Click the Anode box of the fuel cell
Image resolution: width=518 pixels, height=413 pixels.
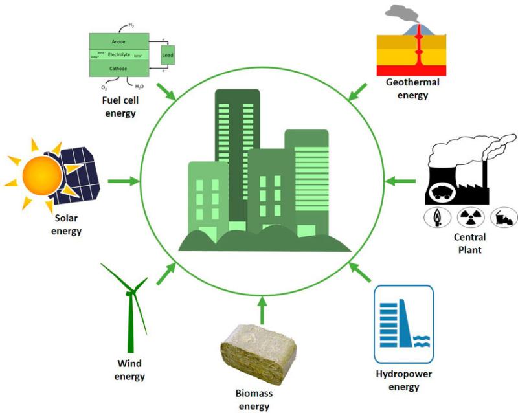point(118,41)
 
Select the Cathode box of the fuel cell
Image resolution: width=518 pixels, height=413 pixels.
point(118,68)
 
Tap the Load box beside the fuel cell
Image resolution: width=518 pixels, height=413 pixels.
point(168,56)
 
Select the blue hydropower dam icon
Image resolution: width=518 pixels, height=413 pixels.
point(403,324)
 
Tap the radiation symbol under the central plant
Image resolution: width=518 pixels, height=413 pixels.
point(467,217)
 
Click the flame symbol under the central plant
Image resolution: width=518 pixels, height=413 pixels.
point(437,217)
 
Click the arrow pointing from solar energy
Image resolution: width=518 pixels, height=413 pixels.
point(123,181)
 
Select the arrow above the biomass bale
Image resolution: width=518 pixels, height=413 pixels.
point(262,309)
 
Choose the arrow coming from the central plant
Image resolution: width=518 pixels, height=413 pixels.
point(401,181)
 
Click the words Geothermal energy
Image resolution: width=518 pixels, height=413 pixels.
point(412,89)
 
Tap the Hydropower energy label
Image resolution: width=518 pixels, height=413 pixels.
point(404,381)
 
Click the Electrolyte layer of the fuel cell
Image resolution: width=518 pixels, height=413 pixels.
point(118,54)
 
